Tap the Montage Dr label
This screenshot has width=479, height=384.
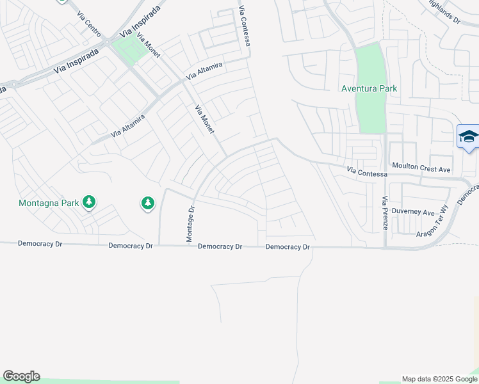190,223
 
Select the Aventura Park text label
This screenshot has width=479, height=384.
369,89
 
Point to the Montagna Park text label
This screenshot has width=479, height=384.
48,203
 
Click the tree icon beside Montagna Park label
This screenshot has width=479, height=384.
89,203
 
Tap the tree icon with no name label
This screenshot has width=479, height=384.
148,204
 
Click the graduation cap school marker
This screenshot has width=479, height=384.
468,137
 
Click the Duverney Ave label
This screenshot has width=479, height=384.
414,212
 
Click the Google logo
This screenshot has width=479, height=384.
21,376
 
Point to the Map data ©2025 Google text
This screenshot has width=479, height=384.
439,379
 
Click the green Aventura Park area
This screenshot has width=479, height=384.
370,109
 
